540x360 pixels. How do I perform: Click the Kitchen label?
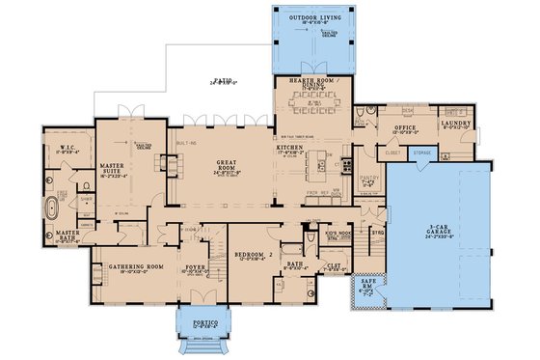[292, 150]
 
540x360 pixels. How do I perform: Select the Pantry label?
[367, 178]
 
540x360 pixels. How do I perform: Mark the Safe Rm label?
[367, 287]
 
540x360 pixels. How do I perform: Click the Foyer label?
[196, 268]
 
